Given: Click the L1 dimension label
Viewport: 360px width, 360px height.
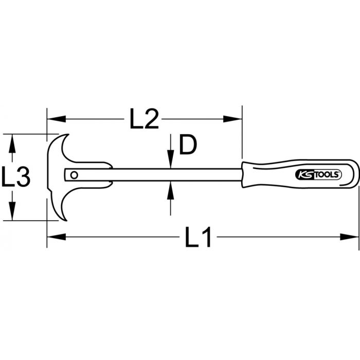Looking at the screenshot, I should click(199, 238).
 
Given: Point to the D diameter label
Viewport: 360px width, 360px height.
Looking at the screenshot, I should click(188, 146).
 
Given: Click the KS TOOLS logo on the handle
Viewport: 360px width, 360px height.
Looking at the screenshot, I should click(317, 175).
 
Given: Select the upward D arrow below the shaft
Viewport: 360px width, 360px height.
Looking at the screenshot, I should click(171, 191).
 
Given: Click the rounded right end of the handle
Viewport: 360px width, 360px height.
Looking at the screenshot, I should click(354, 175).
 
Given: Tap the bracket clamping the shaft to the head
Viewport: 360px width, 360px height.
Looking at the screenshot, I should click(105, 175).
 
